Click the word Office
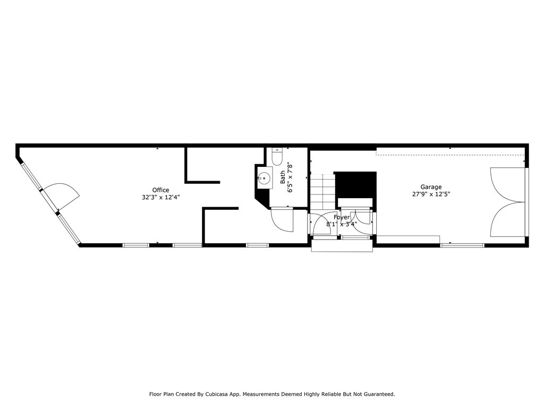click(160, 190)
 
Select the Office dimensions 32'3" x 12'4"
click(160, 197)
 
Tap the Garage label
click(431, 187)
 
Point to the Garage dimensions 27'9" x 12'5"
click(431, 194)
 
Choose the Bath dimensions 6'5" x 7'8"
click(290, 177)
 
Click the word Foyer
click(342, 217)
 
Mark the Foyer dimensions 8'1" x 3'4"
click(342, 224)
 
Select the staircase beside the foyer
click(322, 191)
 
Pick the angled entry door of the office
click(61, 195)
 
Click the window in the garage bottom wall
click(462, 245)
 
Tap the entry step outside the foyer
click(343, 246)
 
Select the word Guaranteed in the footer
click(376, 394)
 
